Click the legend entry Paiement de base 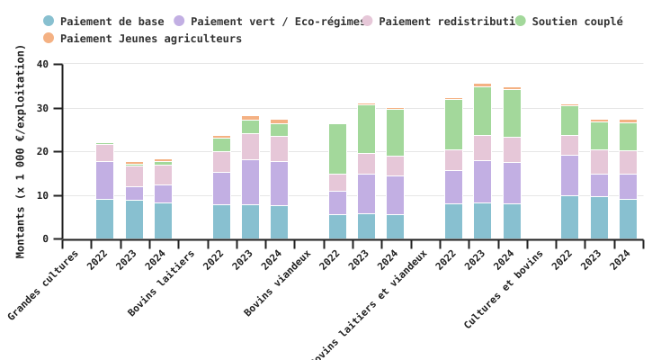click(112, 22)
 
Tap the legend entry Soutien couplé click(576, 22)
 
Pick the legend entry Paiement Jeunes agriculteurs click(150, 39)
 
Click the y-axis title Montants click(21, 151)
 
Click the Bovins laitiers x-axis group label click(163, 283)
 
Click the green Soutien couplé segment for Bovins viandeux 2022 click(337, 148)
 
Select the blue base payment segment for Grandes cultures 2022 click(105, 219)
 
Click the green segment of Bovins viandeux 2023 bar click(366, 129)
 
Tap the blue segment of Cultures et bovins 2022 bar click(569, 217)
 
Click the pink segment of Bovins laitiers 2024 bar click(279, 148)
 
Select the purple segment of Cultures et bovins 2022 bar click(569, 175)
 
